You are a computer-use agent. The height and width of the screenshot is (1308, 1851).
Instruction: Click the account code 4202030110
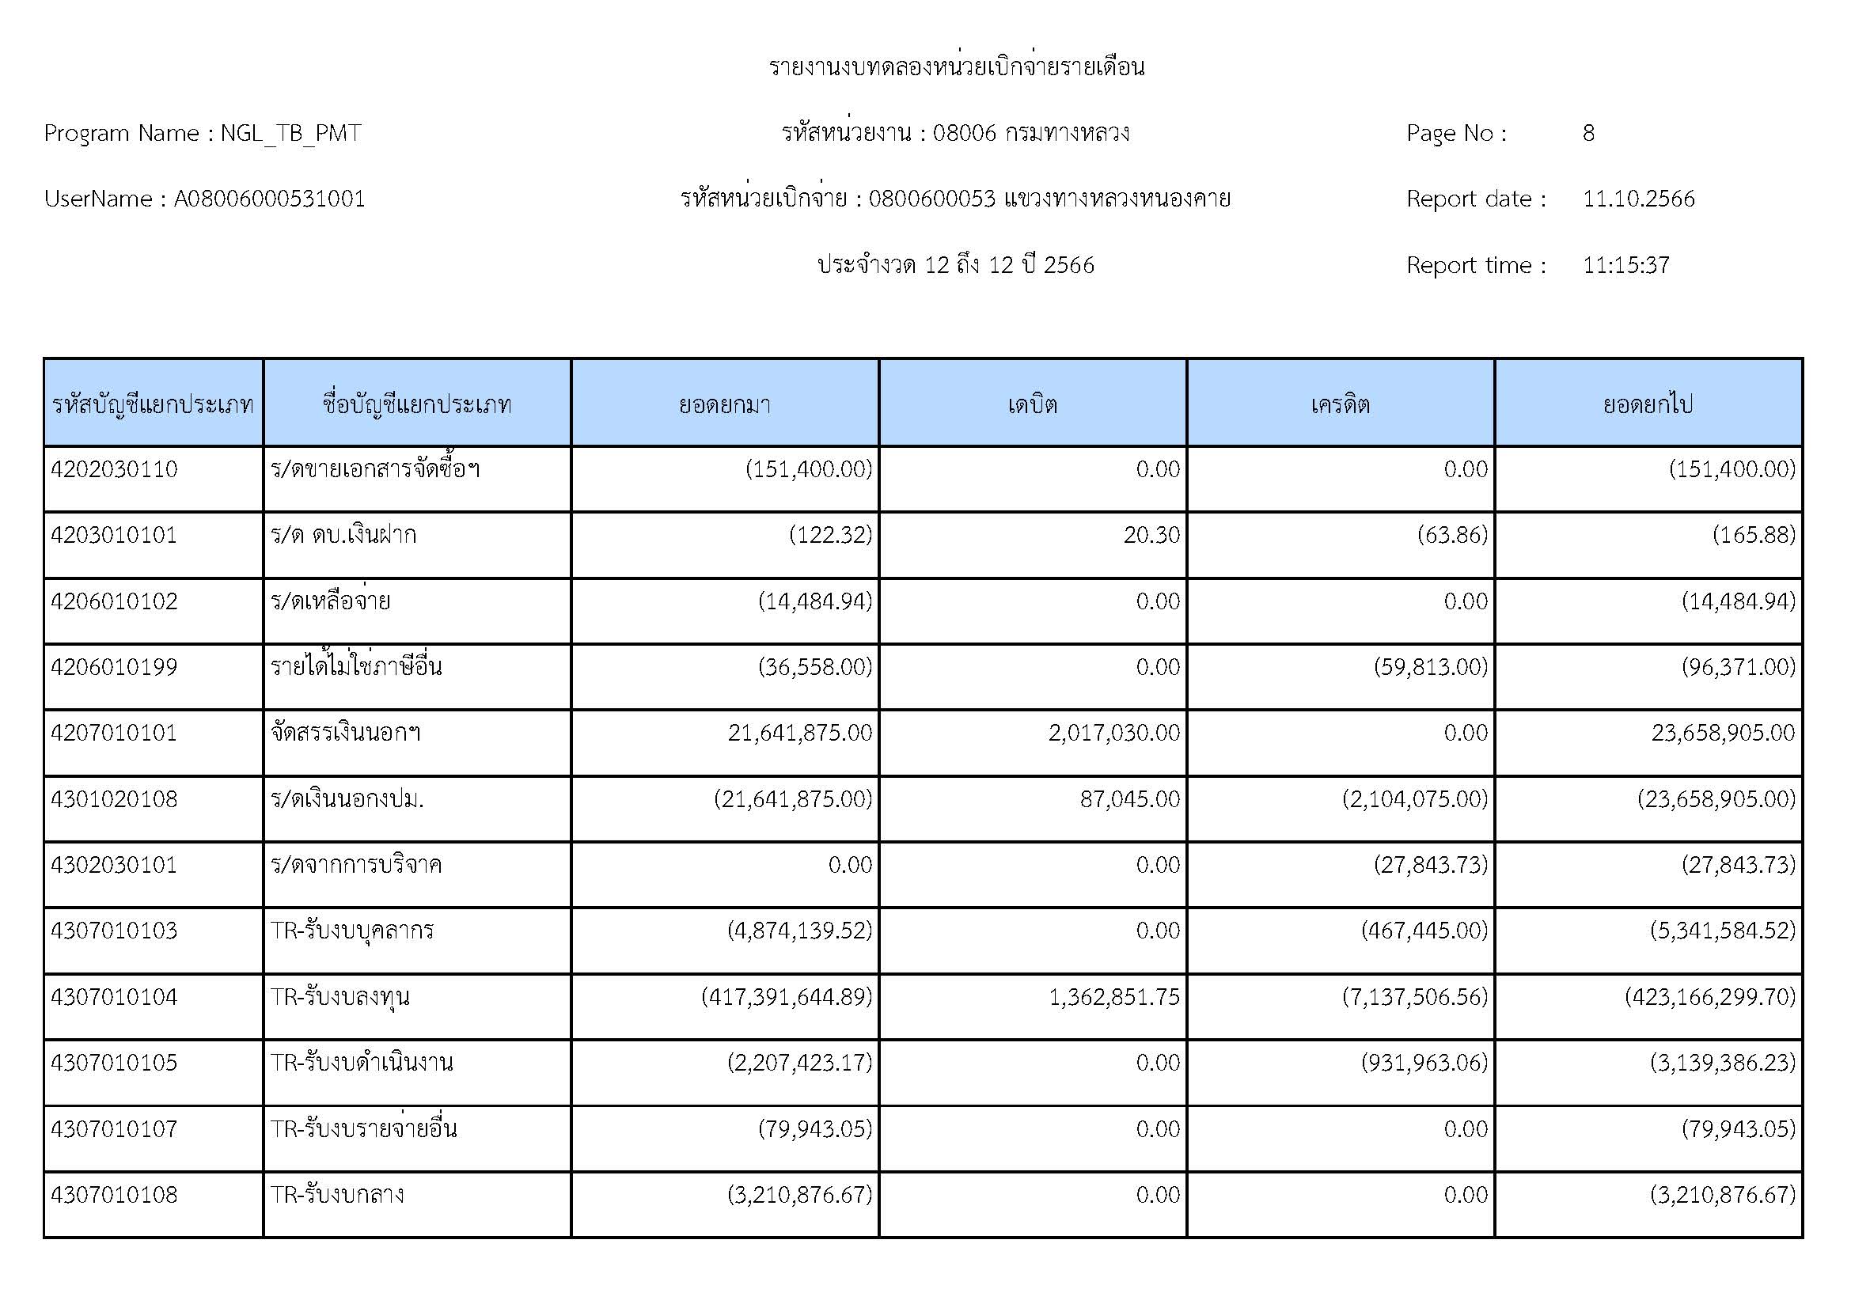pyautogui.click(x=114, y=469)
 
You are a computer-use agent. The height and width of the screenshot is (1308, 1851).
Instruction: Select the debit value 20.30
pyautogui.click(x=1151, y=535)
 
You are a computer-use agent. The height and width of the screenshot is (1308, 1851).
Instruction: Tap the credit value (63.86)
pyautogui.click(x=1452, y=535)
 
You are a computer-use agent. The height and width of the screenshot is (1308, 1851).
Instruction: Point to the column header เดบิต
pyautogui.click(x=1032, y=404)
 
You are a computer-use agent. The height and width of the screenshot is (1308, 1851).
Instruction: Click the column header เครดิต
pyautogui.click(x=1340, y=404)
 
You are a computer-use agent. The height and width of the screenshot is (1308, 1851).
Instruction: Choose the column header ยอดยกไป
pyautogui.click(x=1648, y=404)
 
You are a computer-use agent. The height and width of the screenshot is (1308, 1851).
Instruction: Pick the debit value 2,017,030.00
pyautogui.click(x=1113, y=733)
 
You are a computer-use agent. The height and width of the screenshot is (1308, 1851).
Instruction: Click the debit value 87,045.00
pyautogui.click(x=1129, y=798)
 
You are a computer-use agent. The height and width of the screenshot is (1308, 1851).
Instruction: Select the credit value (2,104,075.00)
pyautogui.click(x=1415, y=798)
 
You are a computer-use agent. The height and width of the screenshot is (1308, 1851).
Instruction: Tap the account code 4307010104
pyautogui.click(x=114, y=997)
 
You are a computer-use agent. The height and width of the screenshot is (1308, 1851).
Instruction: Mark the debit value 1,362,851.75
pyautogui.click(x=1113, y=997)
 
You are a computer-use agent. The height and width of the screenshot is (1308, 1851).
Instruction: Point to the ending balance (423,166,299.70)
pyautogui.click(x=1710, y=997)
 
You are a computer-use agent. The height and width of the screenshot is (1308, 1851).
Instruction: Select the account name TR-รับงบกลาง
pyautogui.click(x=337, y=1194)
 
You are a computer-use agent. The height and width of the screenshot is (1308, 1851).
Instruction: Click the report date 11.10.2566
pyautogui.click(x=1638, y=199)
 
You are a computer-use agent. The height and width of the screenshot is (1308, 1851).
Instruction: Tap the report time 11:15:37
pyautogui.click(x=1625, y=265)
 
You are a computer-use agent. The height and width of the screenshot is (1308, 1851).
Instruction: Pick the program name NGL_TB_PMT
pyautogui.click(x=290, y=133)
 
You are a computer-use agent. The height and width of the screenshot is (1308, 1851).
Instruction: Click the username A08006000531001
pyautogui.click(x=269, y=199)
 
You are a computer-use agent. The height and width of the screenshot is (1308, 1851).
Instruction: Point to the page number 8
pyautogui.click(x=1588, y=133)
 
